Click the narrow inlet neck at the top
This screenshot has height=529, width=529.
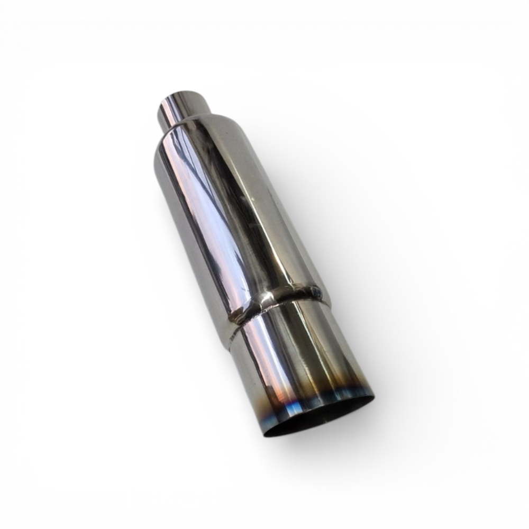183,108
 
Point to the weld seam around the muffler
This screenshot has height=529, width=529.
275,302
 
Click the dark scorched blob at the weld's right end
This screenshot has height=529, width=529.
315,291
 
